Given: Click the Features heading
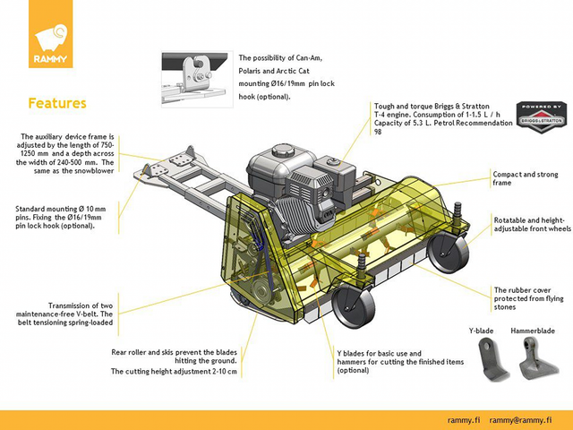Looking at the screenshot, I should click(57, 103).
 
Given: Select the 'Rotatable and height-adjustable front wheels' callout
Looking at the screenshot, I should click(531, 223).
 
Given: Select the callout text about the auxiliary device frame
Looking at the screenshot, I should click(68, 159).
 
